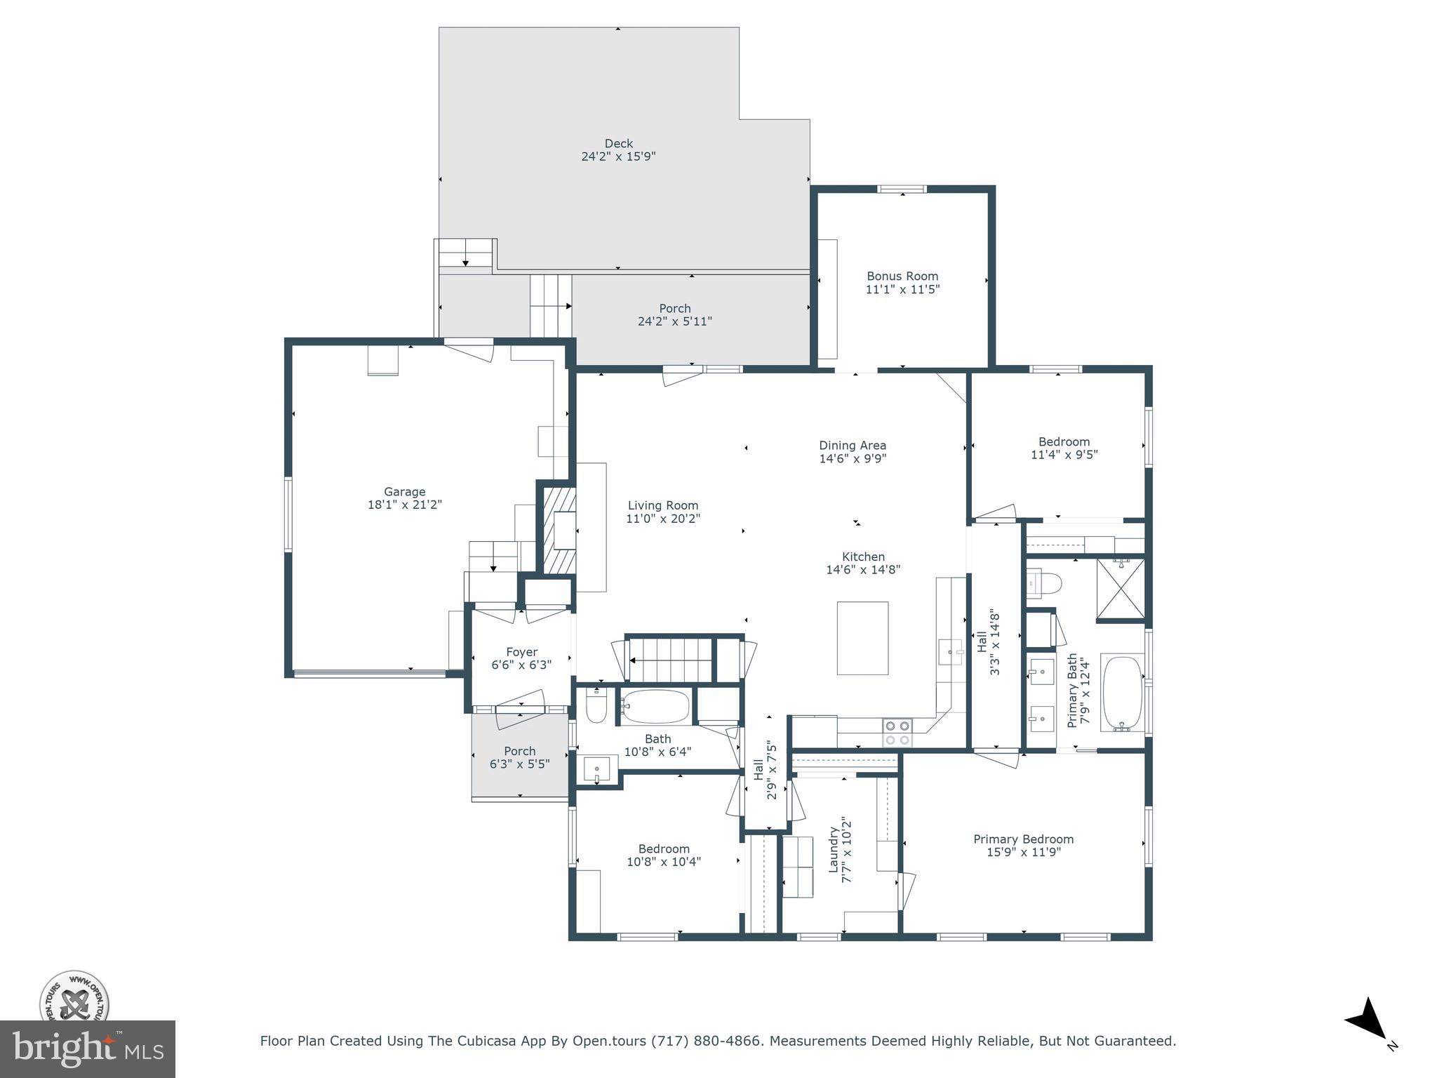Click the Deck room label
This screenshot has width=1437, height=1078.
pos(618,144)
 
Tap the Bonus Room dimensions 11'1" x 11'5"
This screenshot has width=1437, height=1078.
pos(902,289)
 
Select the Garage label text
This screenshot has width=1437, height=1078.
pos(404,492)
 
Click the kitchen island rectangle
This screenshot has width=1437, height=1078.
pos(862,638)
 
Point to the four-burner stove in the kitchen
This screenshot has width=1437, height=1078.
pos(897,733)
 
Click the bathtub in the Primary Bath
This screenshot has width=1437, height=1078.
pos(1122,693)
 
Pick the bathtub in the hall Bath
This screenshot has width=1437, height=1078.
pos(655,707)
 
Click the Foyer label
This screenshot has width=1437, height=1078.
pos(521,652)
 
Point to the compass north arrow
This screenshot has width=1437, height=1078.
pos(1367,1039)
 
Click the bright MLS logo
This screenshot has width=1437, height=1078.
pos(88,1049)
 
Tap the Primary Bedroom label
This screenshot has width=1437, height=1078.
pos(1023,839)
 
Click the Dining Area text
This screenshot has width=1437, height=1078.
pos(853,446)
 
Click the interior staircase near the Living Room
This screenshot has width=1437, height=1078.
pos(670,659)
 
